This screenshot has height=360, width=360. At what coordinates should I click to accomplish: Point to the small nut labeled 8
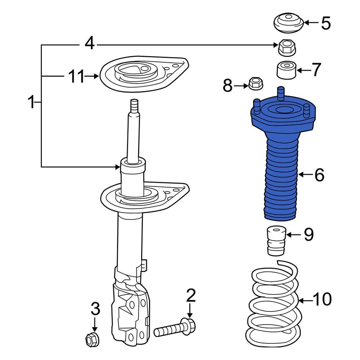coord(255,84)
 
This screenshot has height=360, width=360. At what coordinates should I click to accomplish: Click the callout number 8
coord(228,86)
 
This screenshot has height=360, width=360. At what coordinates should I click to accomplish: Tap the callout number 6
coord(319,175)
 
